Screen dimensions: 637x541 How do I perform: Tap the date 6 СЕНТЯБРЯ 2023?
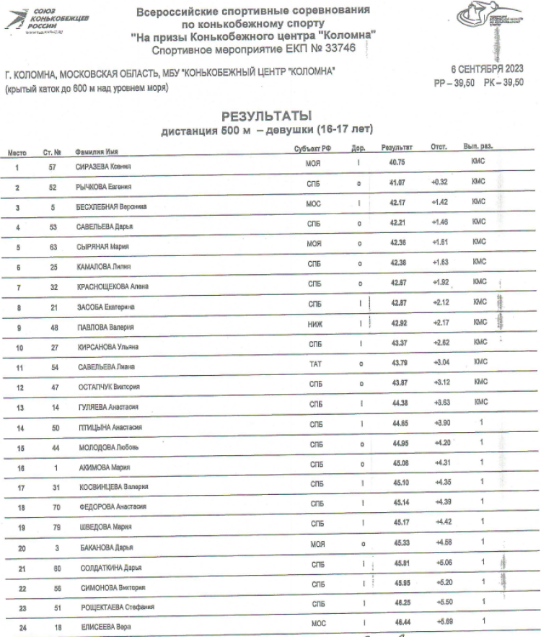(x=487, y=70)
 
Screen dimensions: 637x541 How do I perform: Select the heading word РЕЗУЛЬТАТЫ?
(x=267, y=116)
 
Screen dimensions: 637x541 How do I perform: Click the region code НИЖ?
(x=315, y=325)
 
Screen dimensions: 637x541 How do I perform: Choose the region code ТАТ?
(x=315, y=366)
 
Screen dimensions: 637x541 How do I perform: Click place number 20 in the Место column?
(x=22, y=548)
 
